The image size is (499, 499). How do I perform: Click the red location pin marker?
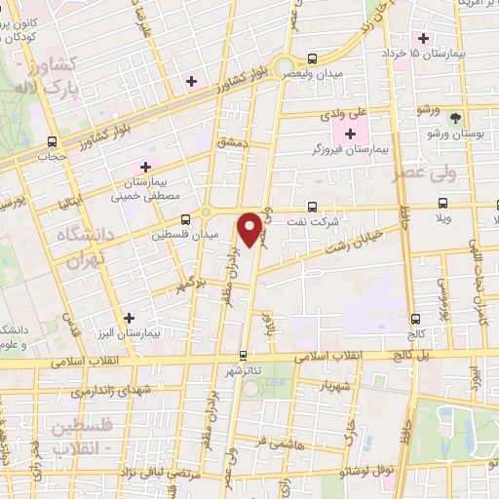(x=251, y=229)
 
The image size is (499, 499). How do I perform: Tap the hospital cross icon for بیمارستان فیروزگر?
(x=350, y=134)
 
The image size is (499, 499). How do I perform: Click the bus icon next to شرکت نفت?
(x=311, y=207)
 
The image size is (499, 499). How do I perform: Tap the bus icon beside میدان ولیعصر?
(x=311, y=58)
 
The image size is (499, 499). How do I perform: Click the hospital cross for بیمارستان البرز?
(x=130, y=318)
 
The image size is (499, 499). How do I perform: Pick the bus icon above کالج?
(x=416, y=319)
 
